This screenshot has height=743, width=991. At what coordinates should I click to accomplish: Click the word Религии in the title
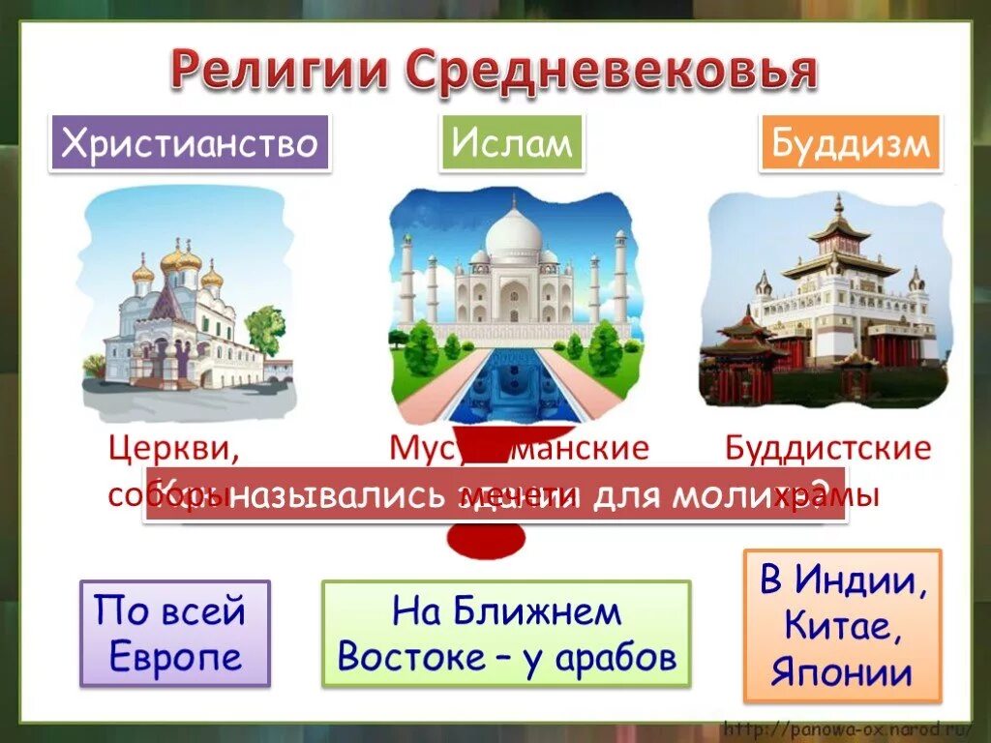pos(280,72)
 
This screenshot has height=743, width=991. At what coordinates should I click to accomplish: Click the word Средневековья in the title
pos(611,72)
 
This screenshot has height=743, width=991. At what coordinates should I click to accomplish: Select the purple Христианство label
pos(190,144)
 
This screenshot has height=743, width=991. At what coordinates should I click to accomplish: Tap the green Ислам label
pos(511,144)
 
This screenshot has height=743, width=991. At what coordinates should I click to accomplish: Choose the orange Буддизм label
pos(851,144)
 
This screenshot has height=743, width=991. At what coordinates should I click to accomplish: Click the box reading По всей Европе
pos(175,634)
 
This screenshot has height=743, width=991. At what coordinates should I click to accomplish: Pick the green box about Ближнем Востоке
pos(506,634)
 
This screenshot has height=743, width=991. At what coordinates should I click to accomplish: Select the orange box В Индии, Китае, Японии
pos(842,626)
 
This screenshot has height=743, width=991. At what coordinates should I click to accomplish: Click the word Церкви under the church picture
pos(173,449)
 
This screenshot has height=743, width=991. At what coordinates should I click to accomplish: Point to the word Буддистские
pos(827,449)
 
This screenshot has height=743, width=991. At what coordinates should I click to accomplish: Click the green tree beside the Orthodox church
pos(263,329)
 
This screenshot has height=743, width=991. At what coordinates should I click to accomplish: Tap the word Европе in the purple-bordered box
pos(175,658)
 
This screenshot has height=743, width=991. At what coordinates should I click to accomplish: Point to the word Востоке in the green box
pos(400,658)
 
